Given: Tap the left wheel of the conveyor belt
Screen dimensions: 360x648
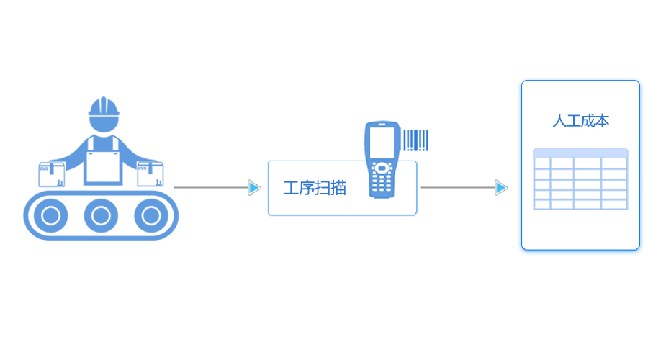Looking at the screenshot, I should pos(50,215).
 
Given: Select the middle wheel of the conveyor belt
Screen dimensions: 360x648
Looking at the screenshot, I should pos(101,215).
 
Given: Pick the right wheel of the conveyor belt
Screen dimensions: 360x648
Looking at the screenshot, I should pos(150,215).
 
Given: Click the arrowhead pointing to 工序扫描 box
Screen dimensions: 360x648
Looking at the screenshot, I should pos(254,188).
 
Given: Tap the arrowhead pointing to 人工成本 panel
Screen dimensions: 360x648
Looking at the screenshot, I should pos(501,188).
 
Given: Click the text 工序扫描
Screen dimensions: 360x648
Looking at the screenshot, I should pos(315,189).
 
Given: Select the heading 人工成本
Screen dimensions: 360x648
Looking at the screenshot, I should pos(580,121).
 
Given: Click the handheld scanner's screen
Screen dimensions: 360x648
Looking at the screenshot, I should pos(382,143).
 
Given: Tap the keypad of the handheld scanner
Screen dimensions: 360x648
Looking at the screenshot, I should pos(382,179).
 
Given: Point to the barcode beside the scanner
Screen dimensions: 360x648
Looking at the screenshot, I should pos(415,140).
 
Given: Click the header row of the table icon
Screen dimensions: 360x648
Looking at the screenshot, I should pos(580,153).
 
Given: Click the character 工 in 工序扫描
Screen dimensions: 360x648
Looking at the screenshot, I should pos(291,189).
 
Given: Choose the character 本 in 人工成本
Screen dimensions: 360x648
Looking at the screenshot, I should pos(602,121).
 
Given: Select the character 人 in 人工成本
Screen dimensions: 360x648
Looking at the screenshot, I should pos(559,121).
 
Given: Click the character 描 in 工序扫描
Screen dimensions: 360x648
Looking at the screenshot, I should pos(338,189).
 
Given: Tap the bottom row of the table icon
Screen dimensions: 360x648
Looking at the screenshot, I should pos(580,204).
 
